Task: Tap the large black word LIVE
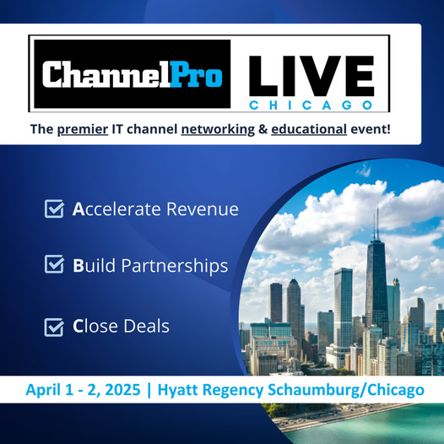pos(311,76)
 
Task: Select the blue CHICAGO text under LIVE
pos(311,106)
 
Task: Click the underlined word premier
pos(83,130)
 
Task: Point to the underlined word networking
pos(218,130)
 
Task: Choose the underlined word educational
pos(309,129)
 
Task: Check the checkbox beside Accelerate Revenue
pos(54,208)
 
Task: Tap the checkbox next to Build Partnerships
pos(54,264)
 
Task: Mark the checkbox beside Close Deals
pos(54,328)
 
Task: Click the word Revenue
pos(203,209)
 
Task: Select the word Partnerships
pos(175,266)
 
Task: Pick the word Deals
pos(146,326)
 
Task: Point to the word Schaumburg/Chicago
pos(346,390)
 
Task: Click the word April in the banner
pos(43,390)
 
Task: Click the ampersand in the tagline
pos(263,130)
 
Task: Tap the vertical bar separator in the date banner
pos(149,390)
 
